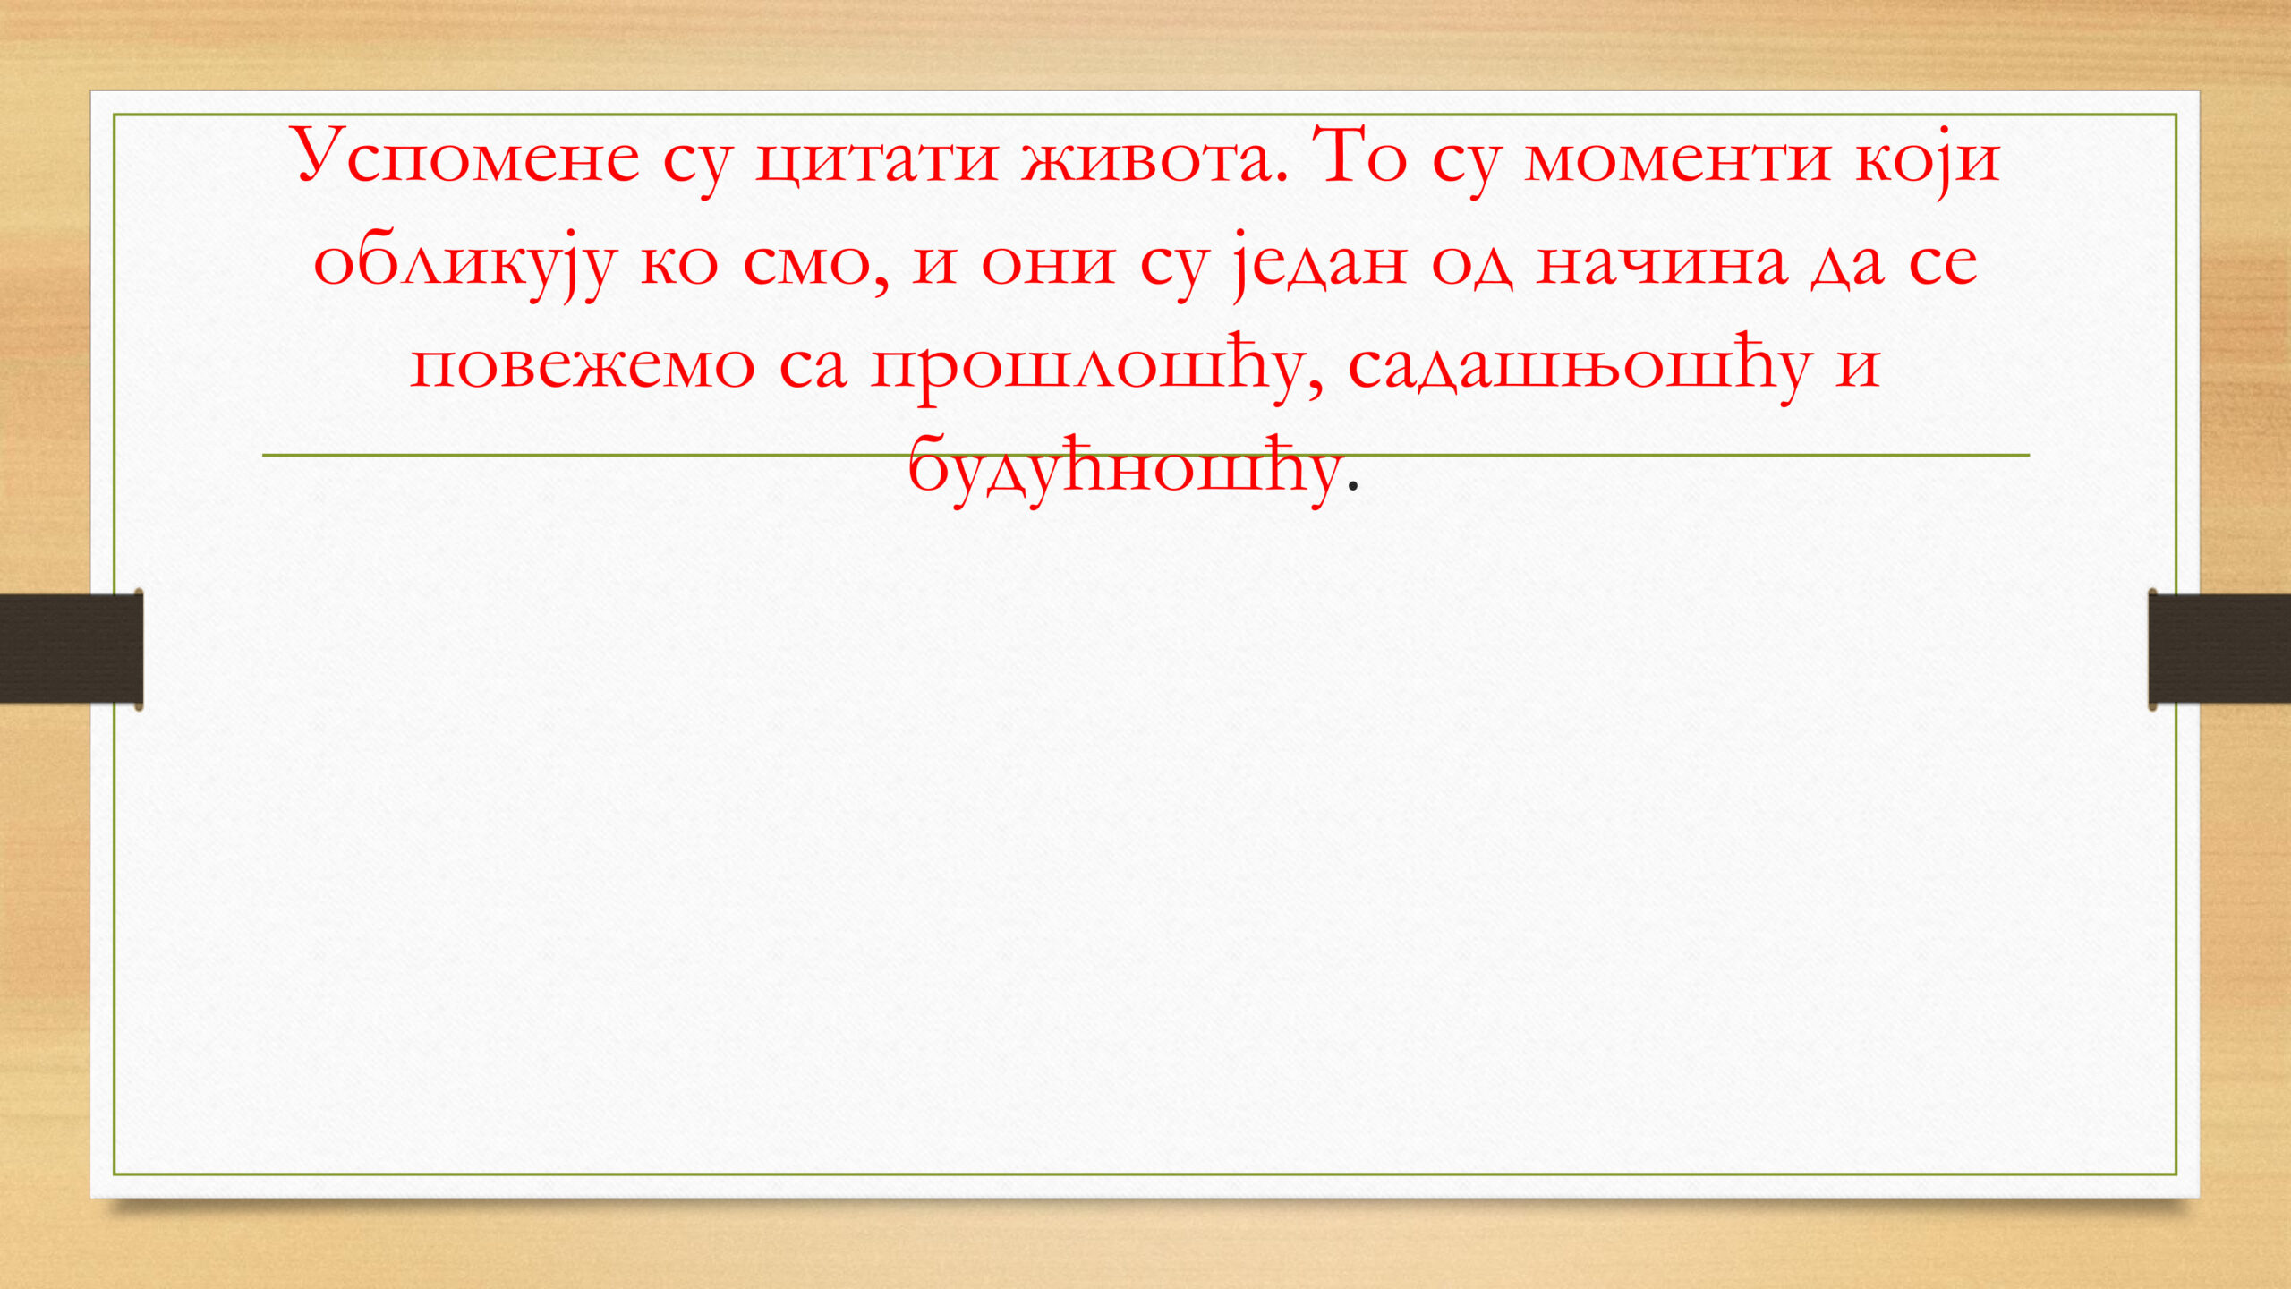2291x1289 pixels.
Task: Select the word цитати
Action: click(x=876, y=161)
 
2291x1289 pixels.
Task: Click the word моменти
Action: click(x=1677, y=160)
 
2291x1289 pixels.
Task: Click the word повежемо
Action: click(x=582, y=366)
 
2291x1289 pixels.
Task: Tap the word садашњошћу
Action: click(x=1580, y=367)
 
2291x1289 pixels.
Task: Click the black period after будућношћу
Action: click(x=1352, y=486)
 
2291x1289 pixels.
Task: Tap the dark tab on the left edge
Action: click(x=72, y=649)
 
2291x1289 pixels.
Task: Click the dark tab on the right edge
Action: click(x=2219, y=649)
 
